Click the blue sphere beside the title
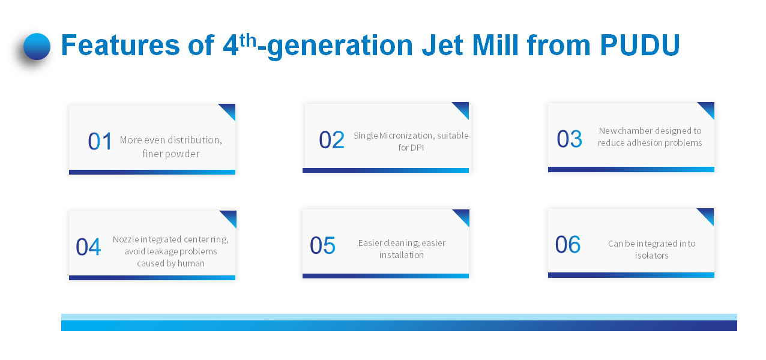pos(37,46)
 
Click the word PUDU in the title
pos(639,45)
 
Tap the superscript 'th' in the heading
pos(248,40)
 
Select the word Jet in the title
pos(442,45)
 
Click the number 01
pos(100,141)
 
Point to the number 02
pos(331,140)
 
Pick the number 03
pos(569,139)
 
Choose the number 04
pos(88,247)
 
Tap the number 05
pos(322,245)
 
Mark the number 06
pos(568,244)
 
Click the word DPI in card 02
pos(416,148)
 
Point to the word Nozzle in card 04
pos(125,239)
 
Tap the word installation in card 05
pos(402,255)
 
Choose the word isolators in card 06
pos(651,256)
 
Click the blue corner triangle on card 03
pos(708,108)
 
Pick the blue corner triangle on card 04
pos(231,217)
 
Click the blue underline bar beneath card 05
pos(385,276)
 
